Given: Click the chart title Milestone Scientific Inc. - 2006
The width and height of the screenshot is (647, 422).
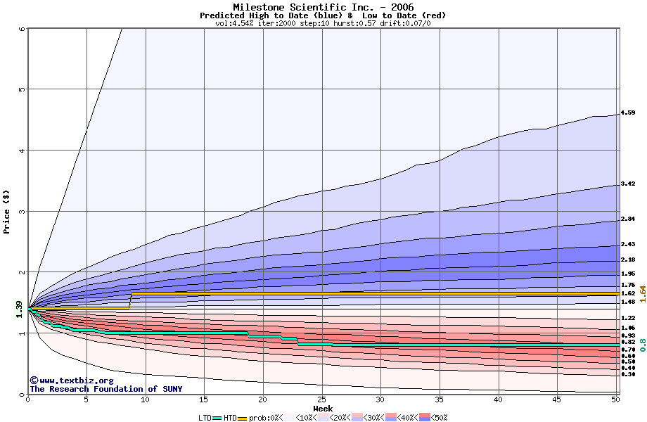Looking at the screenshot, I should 323,7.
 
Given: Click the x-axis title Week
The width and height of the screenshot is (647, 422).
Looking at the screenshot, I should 323,409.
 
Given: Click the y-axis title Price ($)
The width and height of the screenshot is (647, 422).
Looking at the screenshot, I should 7,210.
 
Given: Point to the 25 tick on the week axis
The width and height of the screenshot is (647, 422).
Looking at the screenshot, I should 322,399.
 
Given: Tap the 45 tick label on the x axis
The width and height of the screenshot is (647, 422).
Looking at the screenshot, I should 557,399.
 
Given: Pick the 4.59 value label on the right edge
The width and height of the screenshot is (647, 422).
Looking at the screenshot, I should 628,113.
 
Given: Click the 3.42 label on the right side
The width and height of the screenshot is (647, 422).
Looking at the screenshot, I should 628,184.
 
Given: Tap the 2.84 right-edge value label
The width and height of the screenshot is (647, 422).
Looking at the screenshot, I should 628,219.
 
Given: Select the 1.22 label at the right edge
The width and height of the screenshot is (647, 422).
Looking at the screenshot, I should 628,318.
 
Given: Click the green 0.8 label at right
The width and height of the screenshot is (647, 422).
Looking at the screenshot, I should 641,345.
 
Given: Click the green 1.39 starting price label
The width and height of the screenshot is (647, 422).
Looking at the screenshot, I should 18,309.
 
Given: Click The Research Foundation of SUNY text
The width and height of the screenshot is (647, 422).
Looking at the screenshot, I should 105,389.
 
